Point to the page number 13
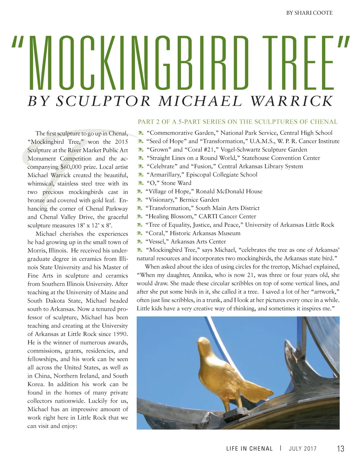[x=340, y=448]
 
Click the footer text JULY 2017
[x=302, y=449]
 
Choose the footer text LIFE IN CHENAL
[x=249, y=449]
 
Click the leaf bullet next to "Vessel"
[x=140, y=242]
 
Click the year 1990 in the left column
[x=120, y=334]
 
